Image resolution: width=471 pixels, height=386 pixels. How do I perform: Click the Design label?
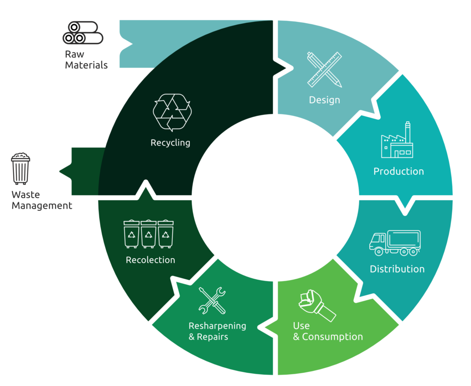coord(324,100)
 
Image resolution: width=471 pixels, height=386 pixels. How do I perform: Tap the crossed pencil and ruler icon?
coord(324,69)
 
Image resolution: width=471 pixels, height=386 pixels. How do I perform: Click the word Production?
coord(398,172)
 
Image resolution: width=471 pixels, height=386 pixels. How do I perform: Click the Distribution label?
coord(397,269)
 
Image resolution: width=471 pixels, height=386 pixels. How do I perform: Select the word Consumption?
coord(332,337)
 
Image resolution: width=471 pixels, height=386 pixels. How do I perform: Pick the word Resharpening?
coord(217,326)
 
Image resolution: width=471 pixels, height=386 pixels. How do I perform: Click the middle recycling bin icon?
coord(149,234)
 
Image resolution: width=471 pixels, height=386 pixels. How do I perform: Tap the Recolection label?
coord(151,260)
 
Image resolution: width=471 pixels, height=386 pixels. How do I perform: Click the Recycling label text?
coord(170,143)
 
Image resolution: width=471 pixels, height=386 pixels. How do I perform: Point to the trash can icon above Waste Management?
coord(21,169)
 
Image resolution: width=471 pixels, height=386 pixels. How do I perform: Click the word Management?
coord(42,206)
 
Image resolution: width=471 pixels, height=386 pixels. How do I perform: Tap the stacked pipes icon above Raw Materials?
coord(83,33)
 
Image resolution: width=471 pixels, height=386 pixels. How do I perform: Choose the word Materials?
coord(86,65)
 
